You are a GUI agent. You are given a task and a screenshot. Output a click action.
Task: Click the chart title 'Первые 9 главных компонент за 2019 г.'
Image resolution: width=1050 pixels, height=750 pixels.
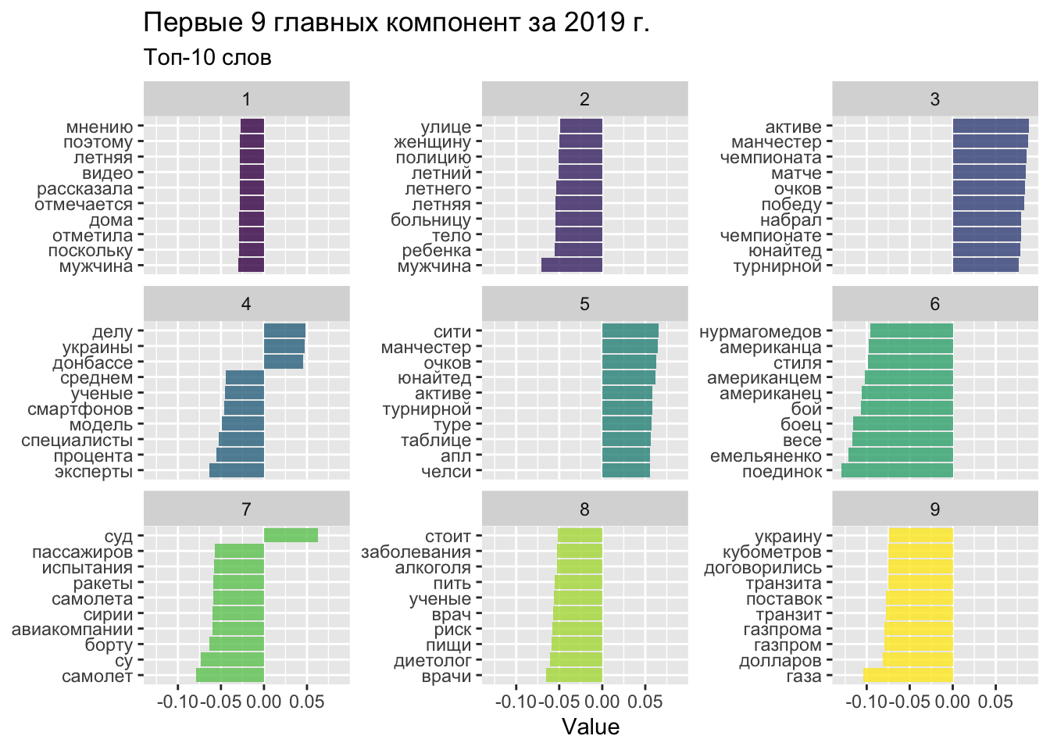coord(396,24)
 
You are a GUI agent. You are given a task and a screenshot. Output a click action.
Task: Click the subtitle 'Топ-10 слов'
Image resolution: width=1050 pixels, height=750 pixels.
coord(208,58)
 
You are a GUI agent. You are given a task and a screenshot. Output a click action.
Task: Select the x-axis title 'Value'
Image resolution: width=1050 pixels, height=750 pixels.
coord(591,727)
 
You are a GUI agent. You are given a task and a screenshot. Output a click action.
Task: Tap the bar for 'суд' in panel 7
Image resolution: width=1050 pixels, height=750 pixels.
coord(291,535)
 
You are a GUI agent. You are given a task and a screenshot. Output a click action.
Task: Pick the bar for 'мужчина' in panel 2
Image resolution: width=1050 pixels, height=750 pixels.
coord(572,266)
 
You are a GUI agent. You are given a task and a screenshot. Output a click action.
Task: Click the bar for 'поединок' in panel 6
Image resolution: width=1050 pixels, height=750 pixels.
coord(897,470)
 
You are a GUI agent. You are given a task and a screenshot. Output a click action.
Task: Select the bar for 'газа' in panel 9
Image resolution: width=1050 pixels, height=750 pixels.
coord(908,676)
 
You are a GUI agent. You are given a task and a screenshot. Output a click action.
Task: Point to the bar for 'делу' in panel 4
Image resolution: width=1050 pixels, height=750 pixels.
coord(284,330)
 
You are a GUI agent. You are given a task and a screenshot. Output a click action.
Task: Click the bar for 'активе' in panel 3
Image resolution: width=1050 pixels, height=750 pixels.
coord(991,126)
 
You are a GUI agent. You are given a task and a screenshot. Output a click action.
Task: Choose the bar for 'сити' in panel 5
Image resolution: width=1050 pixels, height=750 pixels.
coord(630,330)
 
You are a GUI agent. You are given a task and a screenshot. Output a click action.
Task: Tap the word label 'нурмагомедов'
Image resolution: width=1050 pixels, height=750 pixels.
coord(760,332)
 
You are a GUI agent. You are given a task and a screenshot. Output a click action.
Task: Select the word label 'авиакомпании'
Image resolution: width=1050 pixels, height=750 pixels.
coord(73,630)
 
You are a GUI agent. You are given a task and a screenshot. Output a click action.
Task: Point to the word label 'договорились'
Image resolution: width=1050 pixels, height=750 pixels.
coord(762,568)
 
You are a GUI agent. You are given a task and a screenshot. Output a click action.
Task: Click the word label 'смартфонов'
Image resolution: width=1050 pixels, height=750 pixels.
coord(80,409)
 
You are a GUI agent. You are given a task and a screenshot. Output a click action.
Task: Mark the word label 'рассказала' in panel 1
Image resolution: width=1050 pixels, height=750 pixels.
coord(85,189)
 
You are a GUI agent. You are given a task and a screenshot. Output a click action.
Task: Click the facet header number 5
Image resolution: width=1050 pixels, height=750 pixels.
coord(584,305)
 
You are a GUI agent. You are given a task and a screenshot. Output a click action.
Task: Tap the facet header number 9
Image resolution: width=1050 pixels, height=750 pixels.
coord(935,509)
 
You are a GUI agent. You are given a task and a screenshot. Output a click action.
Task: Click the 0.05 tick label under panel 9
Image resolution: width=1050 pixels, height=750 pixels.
coord(995,702)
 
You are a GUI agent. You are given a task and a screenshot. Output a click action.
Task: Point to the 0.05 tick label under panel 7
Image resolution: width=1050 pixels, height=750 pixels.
coord(306,702)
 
